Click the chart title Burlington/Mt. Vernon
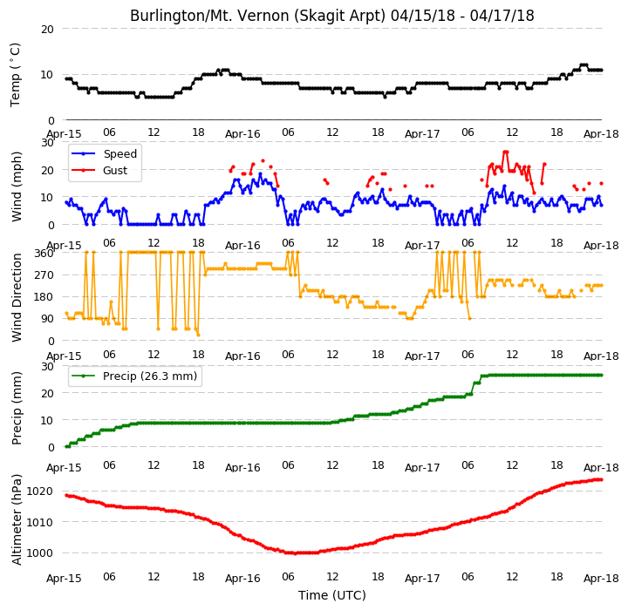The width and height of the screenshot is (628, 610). pyautogui.click(x=208, y=16)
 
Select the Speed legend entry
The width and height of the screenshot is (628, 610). pyautogui.click(x=104, y=153)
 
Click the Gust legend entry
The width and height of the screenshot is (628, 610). pyautogui.click(x=99, y=170)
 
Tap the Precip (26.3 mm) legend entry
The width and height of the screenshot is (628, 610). pyautogui.click(x=134, y=376)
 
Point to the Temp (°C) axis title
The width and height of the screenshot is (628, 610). pyautogui.click(x=15, y=75)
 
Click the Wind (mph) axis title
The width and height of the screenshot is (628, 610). pyautogui.click(x=17, y=186)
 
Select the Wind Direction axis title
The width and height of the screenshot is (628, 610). pyautogui.click(x=17, y=297)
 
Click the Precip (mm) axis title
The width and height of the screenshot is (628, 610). pyautogui.click(x=17, y=408)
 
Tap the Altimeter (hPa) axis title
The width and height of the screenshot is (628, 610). pyautogui.click(x=17, y=519)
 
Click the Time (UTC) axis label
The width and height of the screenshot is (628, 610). pyautogui.click(x=332, y=595)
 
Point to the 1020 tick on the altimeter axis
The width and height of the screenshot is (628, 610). pyautogui.click(x=39, y=491)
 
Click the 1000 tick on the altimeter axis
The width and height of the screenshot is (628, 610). pyautogui.click(x=39, y=552)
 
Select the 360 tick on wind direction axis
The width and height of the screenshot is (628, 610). pyautogui.click(x=44, y=254)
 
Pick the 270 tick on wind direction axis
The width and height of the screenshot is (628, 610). pyautogui.click(x=44, y=275)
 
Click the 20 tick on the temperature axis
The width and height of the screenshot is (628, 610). pyautogui.click(x=47, y=30)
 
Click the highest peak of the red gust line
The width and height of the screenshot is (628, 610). pyautogui.click(x=505, y=152)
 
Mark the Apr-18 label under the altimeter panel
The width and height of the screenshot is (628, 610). pyautogui.click(x=601, y=578)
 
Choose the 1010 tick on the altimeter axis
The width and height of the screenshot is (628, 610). pyautogui.click(x=39, y=522)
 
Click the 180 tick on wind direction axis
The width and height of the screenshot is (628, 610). pyautogui.click(x=44, y=297)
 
